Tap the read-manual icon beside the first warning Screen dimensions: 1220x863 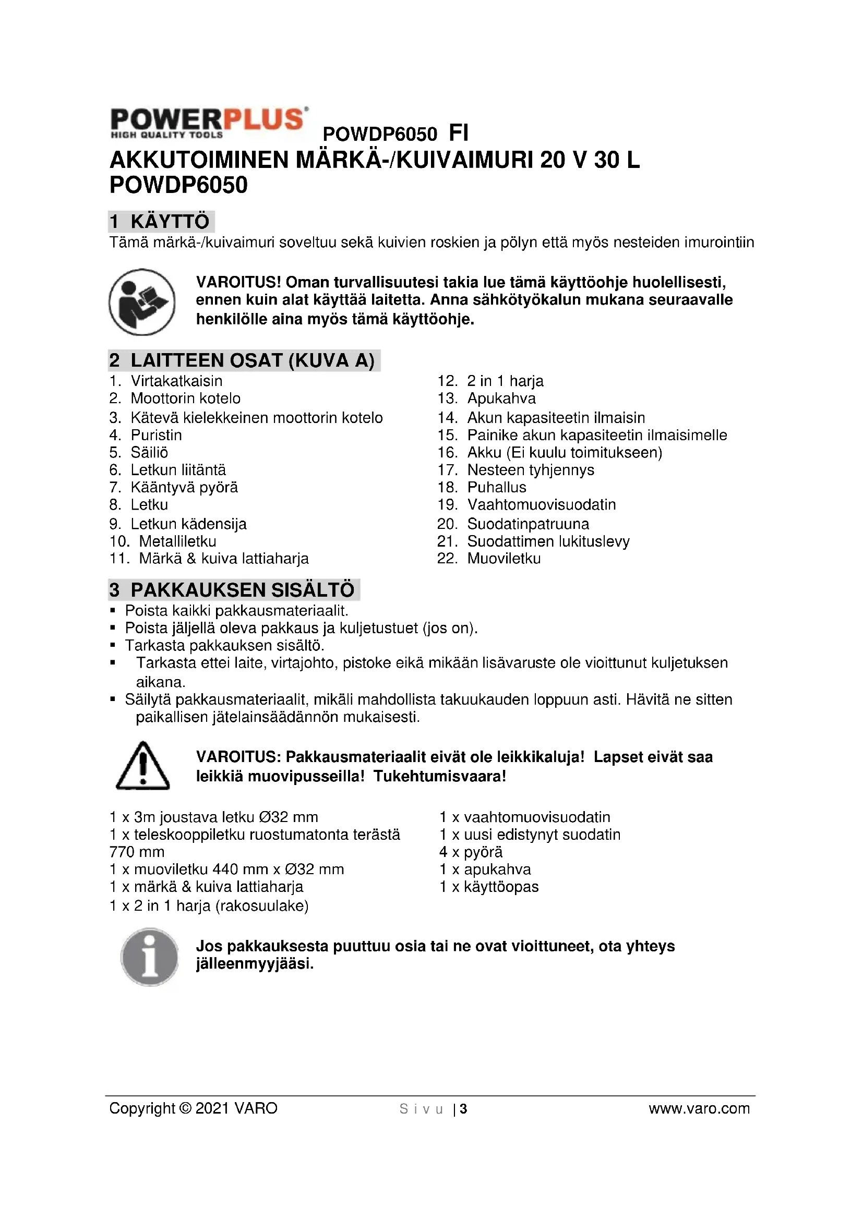(142, 302)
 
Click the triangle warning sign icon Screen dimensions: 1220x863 (142, 766)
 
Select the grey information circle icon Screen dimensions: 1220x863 (149, 957)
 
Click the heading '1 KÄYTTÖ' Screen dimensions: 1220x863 (161, 222)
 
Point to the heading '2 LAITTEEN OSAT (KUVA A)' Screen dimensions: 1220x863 (243, 360)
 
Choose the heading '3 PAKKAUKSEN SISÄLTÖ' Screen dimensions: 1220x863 (233, 590)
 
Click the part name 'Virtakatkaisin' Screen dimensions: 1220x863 (176, 381)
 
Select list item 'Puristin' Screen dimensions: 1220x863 (156, 435)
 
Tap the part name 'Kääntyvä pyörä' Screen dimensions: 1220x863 (184, 487)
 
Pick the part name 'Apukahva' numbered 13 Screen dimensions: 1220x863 (501, 398)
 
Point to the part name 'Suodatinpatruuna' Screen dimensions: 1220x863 (528, 524)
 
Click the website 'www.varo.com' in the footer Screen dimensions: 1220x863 (699, 1108)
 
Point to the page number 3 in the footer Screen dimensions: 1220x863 (463, 1109)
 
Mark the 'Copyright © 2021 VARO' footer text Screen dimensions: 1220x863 (194, 1108)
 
